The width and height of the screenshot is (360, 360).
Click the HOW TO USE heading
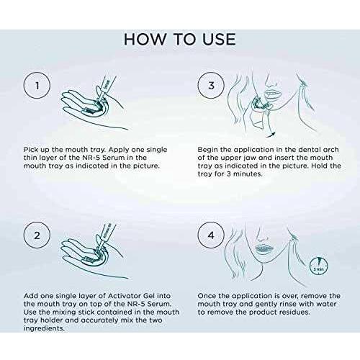point(180,40)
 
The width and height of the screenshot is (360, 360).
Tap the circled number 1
point(37,86)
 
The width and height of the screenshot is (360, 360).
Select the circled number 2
point(37,235)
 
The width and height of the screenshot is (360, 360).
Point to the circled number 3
point(211,86)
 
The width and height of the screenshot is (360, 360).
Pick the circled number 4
point(211,235)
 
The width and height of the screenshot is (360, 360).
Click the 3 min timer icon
point(319,266)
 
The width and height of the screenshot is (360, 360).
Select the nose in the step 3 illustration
point(271,82)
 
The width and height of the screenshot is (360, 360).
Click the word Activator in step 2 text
point(125,296)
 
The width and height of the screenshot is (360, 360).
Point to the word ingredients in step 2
point(44,328)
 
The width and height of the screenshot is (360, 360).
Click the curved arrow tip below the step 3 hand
point(274,134)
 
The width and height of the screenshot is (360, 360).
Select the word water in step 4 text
point(326,304)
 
